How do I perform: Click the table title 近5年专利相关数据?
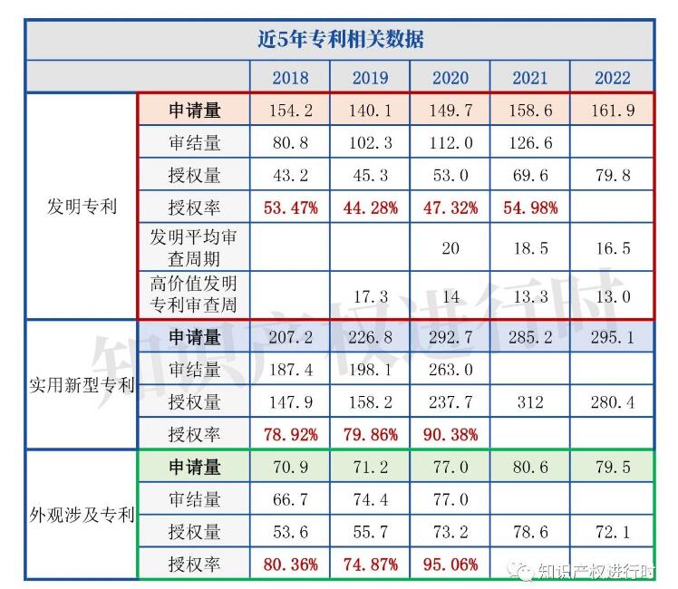click(x=340, y=40)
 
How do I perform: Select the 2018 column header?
click(x=290, y=77)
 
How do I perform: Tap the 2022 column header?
click(x=613, y=77)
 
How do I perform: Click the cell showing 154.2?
click(x=290, y=111)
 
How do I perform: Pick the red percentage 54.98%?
click(x=530, y=208)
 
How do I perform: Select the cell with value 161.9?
click(x=613, y=111)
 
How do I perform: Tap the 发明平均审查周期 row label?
click(x=194, y=247)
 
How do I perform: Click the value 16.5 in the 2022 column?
click(x=613, y=248)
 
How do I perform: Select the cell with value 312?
click(x=530, y=401)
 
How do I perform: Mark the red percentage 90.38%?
click(x=450, y=434)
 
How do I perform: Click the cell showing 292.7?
click(x=450, y=337)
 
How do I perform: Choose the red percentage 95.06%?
click(x=450, y=565)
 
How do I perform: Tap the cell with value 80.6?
click(x=530, y=467)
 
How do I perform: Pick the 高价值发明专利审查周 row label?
click(x=194, y=294)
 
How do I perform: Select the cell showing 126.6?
click(x=530, y=143)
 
